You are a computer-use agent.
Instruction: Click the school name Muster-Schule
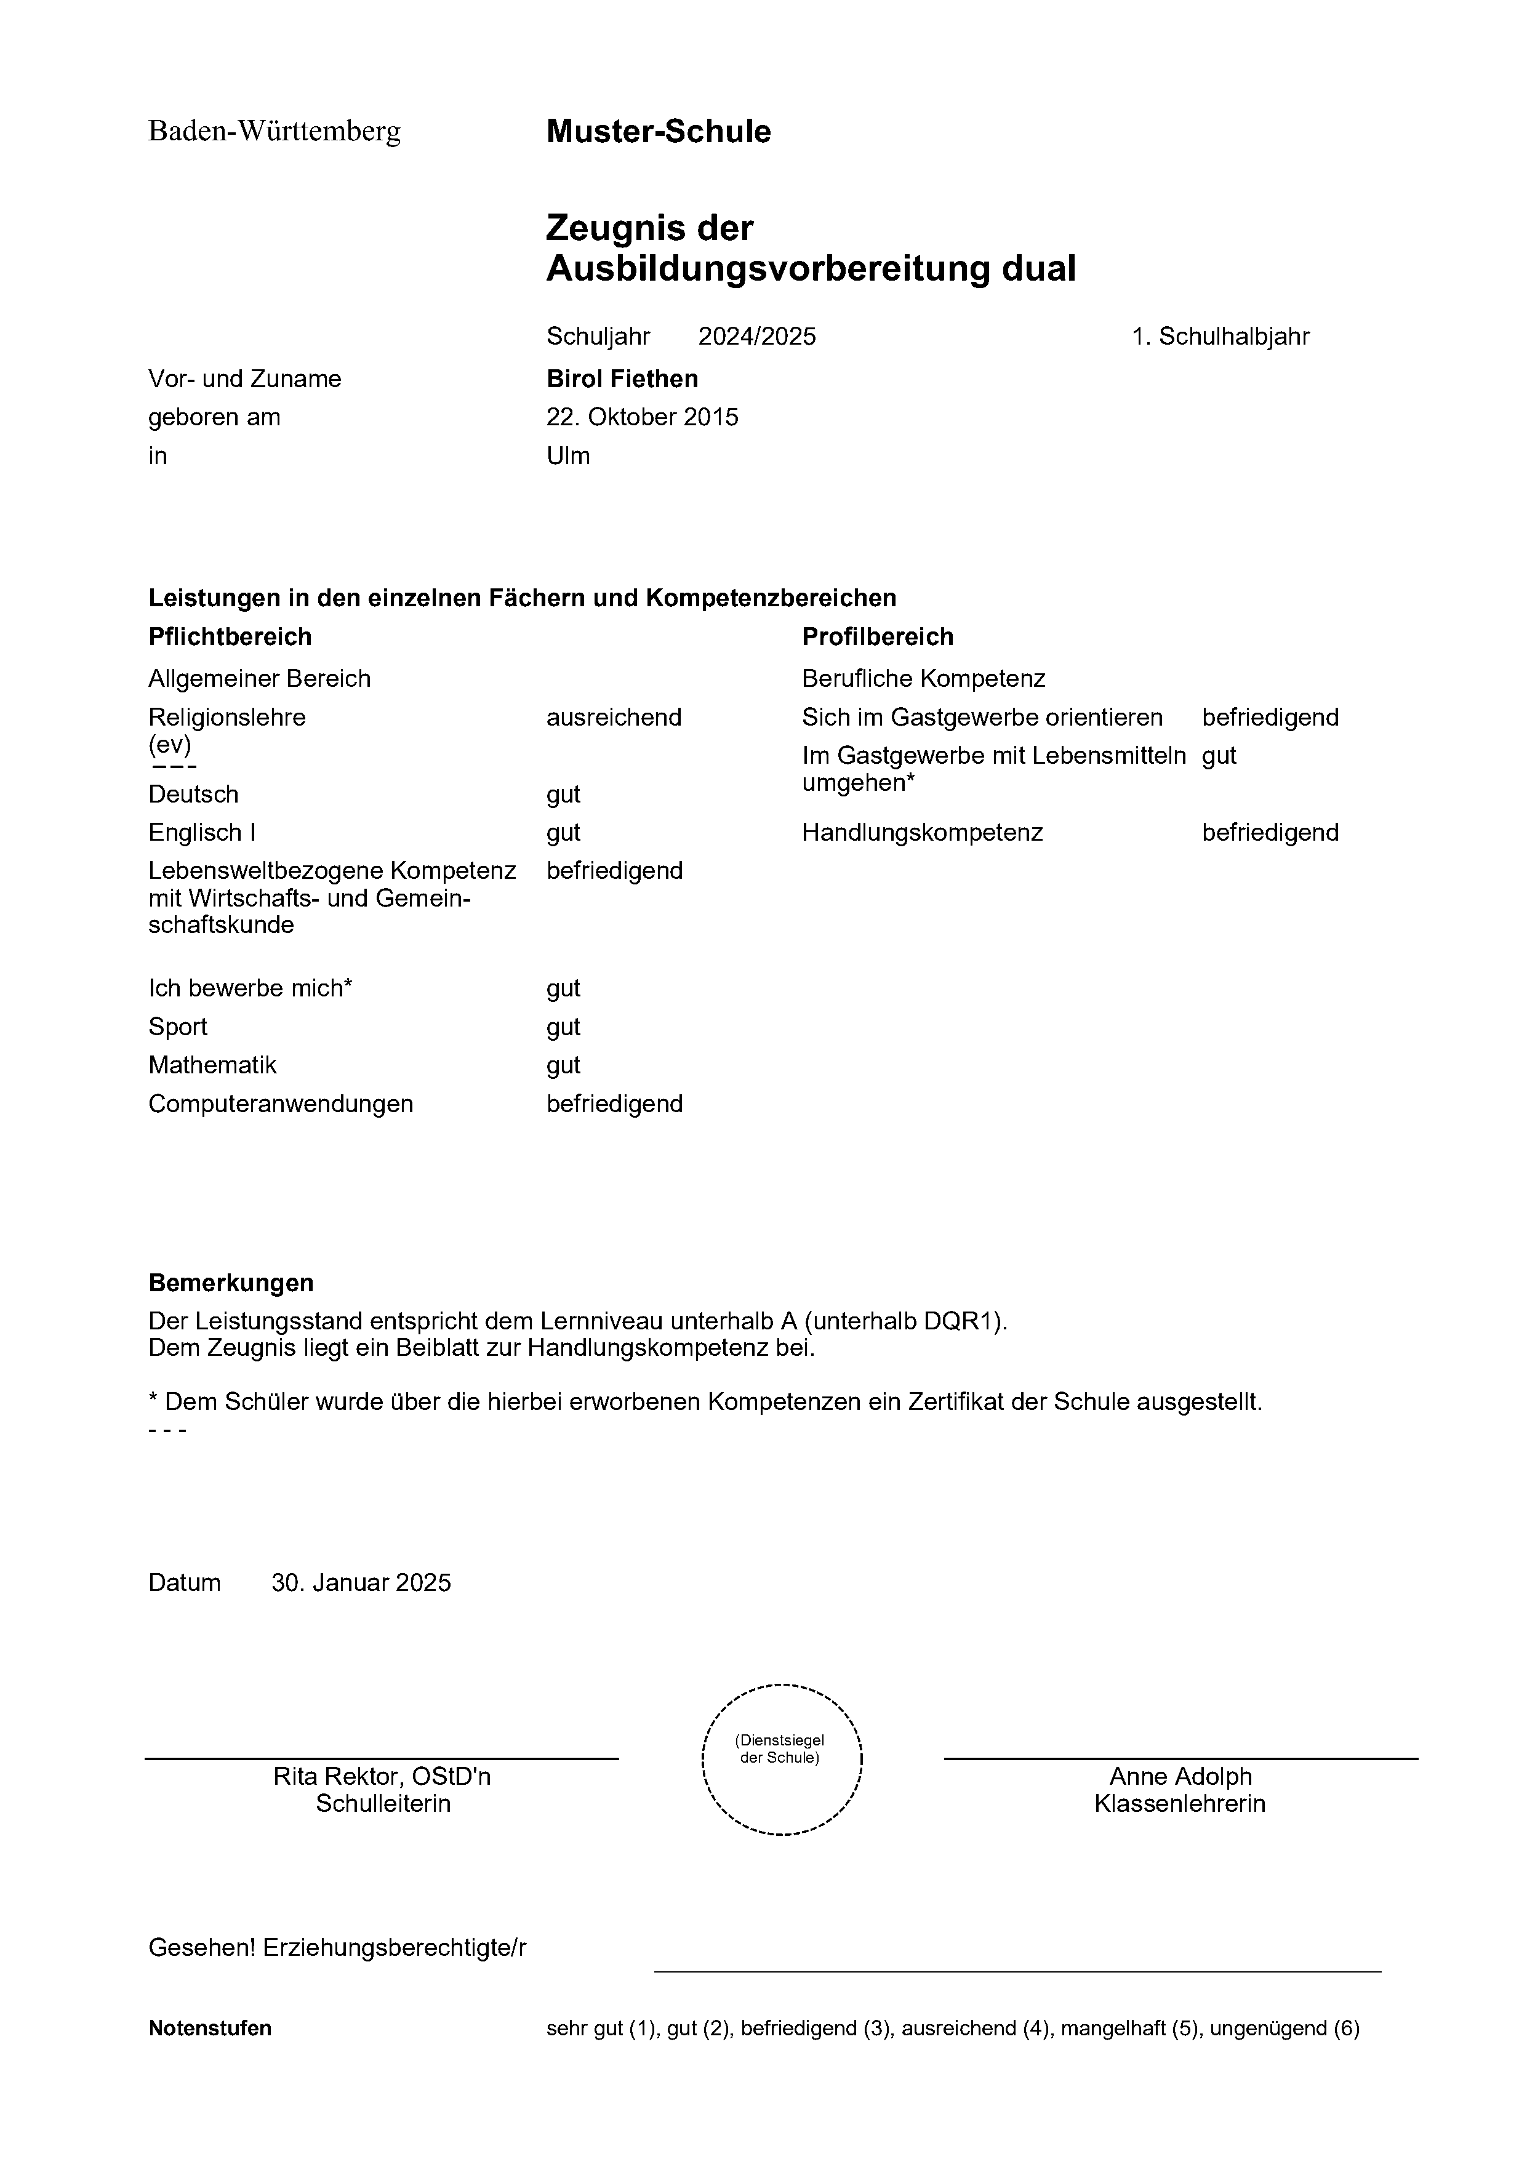658,132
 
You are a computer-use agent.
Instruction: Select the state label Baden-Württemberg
275,132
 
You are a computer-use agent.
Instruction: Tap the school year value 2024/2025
757,337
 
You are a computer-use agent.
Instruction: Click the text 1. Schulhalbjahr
1220,337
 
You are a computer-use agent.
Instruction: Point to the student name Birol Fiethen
622,379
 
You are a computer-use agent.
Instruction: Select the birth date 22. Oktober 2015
642,417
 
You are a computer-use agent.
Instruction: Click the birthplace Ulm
568,456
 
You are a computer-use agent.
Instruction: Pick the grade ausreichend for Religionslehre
614,718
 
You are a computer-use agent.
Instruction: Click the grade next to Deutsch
563,795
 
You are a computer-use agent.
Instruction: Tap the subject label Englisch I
202,833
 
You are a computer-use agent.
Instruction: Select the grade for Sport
563,1027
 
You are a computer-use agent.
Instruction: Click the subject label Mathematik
212,1065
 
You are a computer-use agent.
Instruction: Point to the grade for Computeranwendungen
614,1104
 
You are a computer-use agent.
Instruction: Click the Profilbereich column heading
877,638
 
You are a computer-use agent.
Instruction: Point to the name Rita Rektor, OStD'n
382,1776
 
